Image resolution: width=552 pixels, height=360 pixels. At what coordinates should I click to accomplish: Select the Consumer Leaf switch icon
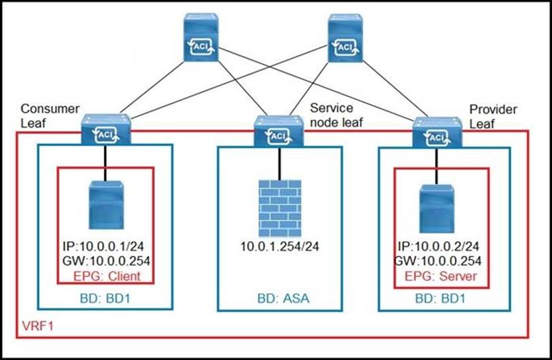(103, 132)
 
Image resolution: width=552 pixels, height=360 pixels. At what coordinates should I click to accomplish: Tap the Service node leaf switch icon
(277, 132)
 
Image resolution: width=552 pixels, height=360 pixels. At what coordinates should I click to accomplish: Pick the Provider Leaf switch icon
(435, 132)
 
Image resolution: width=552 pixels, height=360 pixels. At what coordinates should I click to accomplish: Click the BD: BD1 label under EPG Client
(104, 298)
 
